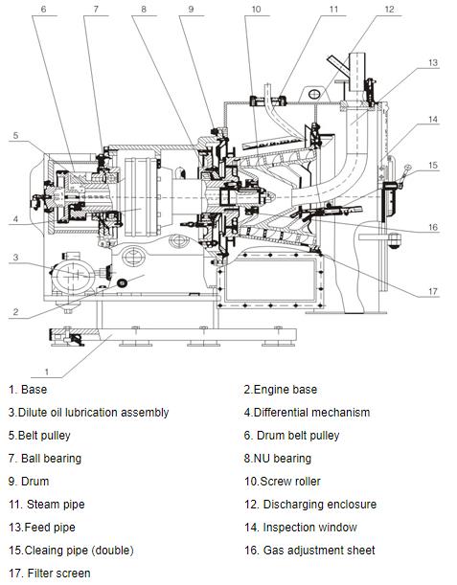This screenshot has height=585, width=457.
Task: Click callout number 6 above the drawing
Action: pyautogui.click(x=43, y=9)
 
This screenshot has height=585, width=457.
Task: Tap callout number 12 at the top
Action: pyautogui.click(x=389, y=9)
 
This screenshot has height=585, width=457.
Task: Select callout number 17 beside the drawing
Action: pyautogui.click(x=433, y=291)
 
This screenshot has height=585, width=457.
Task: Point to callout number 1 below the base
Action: pyautogui.click(x=47, y=371)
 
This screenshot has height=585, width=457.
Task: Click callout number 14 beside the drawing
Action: pyautogui.click(x=433, y=120)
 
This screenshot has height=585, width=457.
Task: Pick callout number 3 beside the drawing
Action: pyautogui.click(x=15, y=257)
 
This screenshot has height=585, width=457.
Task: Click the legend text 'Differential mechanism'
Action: pyautogui.click(x=311, y=413)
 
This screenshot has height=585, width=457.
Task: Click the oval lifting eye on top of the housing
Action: pyautogui.click(x=314, y=94)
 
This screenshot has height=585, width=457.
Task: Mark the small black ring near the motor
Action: pyautogui.click(x=122, y=283)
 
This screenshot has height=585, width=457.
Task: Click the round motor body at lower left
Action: pyautogui.click(x=73, y=276)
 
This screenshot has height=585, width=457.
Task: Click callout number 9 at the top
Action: pyautogui.click(x=191, y=9)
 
